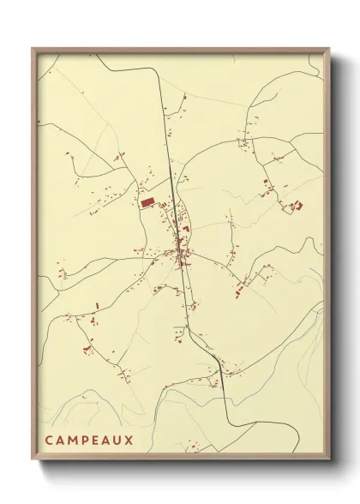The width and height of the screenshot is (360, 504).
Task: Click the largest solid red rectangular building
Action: (147, 201)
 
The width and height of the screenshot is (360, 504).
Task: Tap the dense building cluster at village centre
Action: (181, 249)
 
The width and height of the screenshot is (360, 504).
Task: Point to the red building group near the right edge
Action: (296, 205)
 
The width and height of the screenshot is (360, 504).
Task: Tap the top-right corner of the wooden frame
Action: (328, 49)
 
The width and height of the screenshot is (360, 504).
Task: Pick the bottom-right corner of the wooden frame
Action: (328, 459)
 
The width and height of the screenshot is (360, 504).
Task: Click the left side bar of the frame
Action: (33, 257)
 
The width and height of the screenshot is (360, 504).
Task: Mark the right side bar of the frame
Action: (327, 257)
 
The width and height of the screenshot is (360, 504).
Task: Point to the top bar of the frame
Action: (180, 50)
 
